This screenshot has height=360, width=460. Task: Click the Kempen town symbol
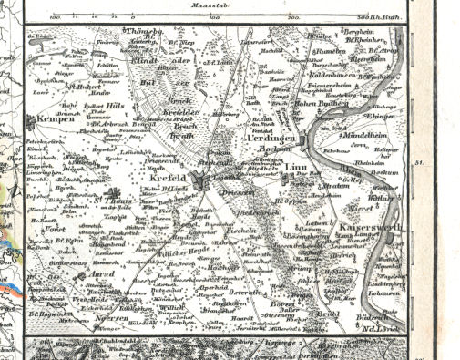[x=32, y=120]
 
